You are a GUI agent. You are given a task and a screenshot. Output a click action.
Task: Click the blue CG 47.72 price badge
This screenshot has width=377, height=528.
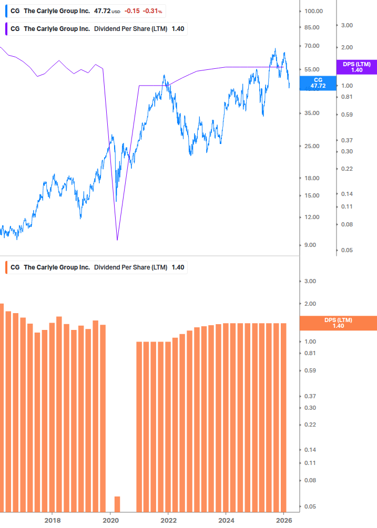(318, 82)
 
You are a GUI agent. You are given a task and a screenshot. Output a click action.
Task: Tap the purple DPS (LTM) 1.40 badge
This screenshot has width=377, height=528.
(356, 67)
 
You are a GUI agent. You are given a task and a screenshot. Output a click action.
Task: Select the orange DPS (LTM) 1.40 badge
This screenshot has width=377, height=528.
(338, 323)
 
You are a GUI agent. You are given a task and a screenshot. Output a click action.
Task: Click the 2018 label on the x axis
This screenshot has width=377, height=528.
(53, 520)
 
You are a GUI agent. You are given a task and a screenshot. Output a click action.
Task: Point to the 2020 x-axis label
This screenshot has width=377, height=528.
(110, 520)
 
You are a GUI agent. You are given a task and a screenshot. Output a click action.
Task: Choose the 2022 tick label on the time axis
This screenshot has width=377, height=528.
(168, 520)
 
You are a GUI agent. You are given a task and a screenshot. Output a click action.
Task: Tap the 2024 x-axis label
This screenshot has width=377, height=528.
(226, 520)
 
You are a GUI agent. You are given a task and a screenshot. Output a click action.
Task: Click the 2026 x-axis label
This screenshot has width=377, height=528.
(283, 520)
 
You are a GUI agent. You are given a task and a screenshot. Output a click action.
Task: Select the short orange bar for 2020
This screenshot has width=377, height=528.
(117, 504)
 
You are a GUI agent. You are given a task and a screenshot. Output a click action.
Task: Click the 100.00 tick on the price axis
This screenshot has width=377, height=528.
(313, 11)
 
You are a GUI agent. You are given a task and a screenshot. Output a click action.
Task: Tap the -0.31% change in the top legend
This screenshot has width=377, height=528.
(152, 11)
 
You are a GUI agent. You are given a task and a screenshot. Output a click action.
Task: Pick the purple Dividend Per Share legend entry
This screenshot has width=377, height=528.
(96, 29)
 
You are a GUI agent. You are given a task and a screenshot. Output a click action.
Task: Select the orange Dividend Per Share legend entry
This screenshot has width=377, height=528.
(96, 267)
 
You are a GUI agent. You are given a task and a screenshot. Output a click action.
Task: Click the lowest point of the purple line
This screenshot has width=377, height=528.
(117, 240)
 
